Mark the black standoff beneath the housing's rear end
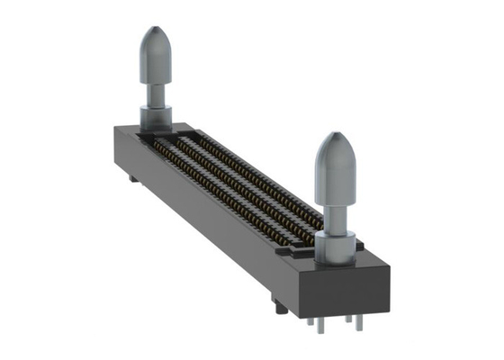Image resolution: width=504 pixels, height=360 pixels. pos(134,177)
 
